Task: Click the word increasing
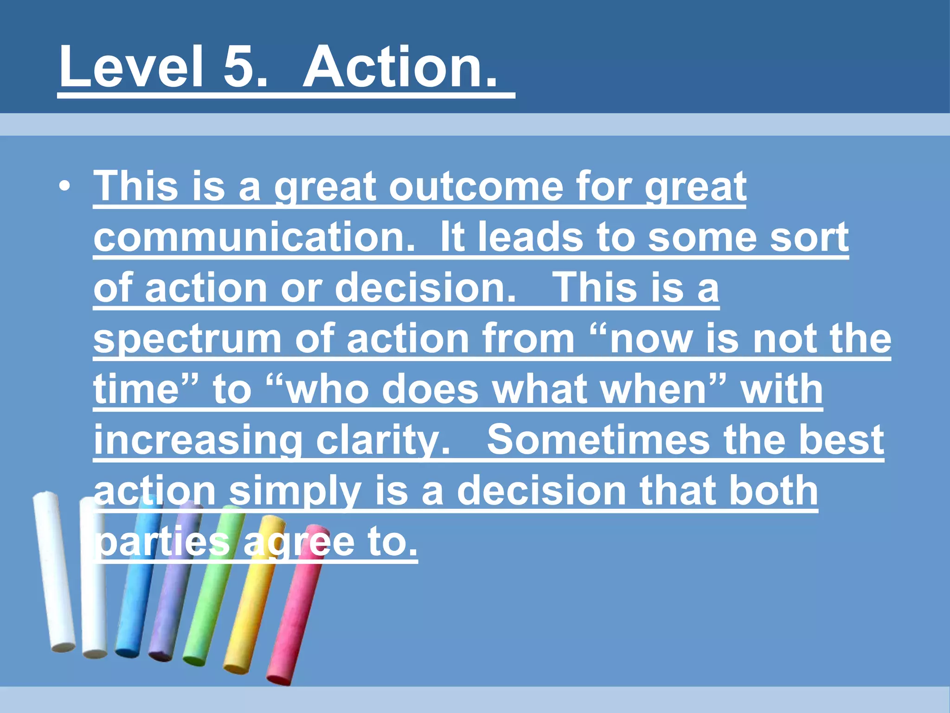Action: (x=198, y=441)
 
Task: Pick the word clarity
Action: (x=382, y=441)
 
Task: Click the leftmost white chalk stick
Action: (x=53, y=571)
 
